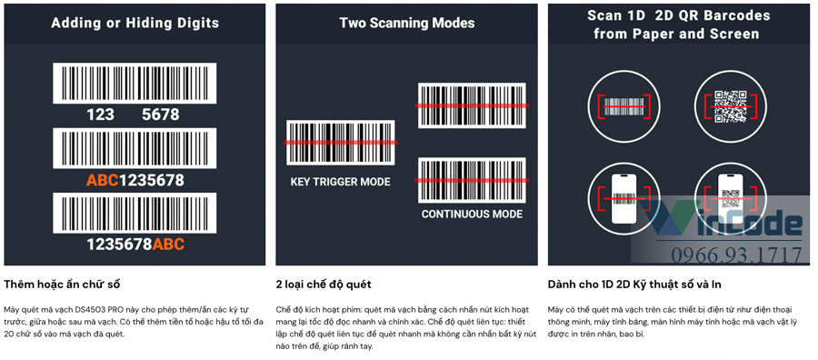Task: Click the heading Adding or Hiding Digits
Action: (135, 24)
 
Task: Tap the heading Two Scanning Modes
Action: (407, 24)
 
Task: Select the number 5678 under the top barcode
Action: (161, 115)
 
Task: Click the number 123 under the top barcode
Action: (101, 115)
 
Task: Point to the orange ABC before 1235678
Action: (103, 181)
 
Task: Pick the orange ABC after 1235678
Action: (168, 245)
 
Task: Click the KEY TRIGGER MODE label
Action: (340, 182)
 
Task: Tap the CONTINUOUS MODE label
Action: (472, 214)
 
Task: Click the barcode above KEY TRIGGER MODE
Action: (341, 143)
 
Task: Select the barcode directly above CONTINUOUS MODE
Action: (472, 180)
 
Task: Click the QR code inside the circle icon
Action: (730, 106)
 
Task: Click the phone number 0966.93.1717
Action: (736, 255)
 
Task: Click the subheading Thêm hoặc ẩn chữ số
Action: (63, 285)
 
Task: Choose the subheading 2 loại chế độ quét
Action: (324, 285)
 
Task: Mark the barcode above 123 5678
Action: (135, 84)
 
